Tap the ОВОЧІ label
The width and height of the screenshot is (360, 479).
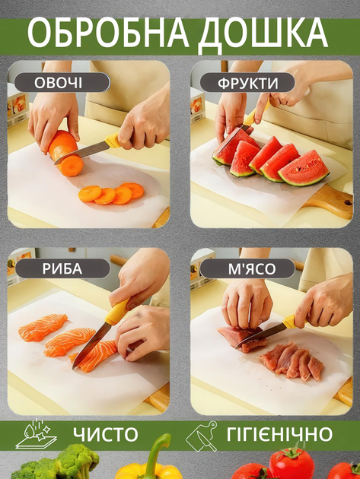[58, 83]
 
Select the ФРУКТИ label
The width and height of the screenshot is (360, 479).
[248, 84]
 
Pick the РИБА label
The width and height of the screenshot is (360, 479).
[62, 269]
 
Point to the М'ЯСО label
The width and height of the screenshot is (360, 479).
[252, 269]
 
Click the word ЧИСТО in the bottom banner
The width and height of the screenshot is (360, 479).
[106, 434]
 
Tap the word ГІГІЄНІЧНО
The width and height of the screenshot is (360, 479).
[279, 434]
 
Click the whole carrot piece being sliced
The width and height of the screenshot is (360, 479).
[65, 153]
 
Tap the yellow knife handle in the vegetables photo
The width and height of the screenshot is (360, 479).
[111, 141]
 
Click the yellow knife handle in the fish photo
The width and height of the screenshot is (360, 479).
[116, 312]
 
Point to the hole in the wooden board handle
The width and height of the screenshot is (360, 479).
[348, 201]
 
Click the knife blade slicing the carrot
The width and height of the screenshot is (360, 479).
[81, 152]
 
